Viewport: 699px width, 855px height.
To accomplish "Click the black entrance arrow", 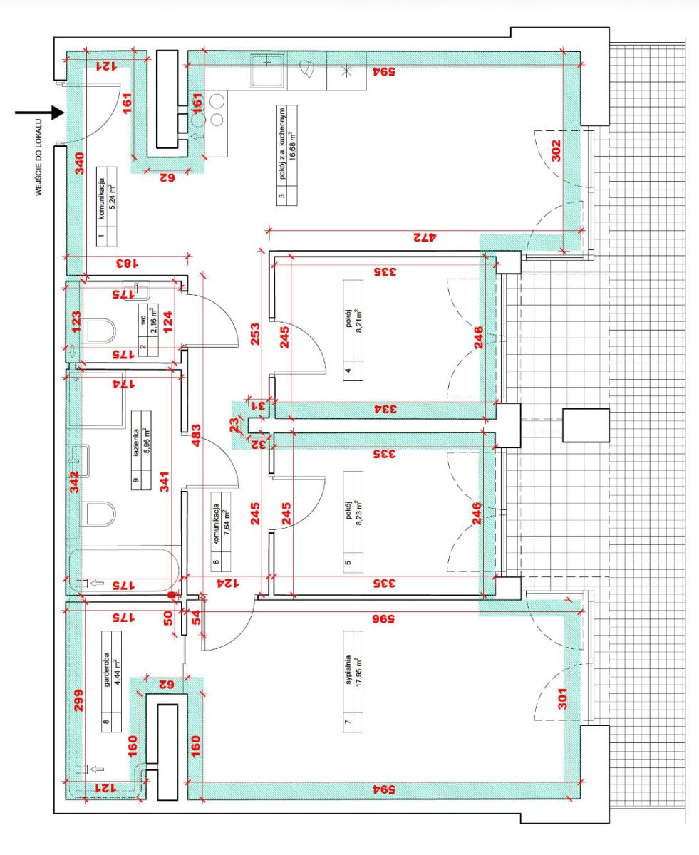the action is [40, 113].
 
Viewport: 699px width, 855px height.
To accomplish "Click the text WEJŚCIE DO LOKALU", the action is [38, 157].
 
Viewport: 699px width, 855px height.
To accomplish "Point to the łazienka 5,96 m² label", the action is [141, 450].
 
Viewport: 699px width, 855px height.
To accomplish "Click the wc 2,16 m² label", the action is [148, 330].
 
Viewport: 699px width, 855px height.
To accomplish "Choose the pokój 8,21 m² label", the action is [353, 330].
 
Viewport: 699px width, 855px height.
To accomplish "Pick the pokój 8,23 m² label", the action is [353, 522].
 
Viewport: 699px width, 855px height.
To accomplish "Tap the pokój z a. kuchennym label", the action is [287, 155].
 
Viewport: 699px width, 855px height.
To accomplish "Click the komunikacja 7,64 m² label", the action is [221, 532].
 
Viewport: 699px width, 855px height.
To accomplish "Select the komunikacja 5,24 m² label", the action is [107, 207].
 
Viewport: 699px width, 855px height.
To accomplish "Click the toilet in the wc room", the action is [101, 331].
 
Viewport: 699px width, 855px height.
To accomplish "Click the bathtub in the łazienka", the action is [124, 569].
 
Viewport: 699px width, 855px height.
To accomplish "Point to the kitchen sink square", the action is [267, 71].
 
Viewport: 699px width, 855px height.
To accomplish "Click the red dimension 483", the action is [196, 435].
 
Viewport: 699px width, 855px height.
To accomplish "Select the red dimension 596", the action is [384, 619].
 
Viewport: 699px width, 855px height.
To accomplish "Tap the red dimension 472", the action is [425, 237].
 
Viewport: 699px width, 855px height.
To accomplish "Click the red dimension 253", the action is [255, 333].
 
